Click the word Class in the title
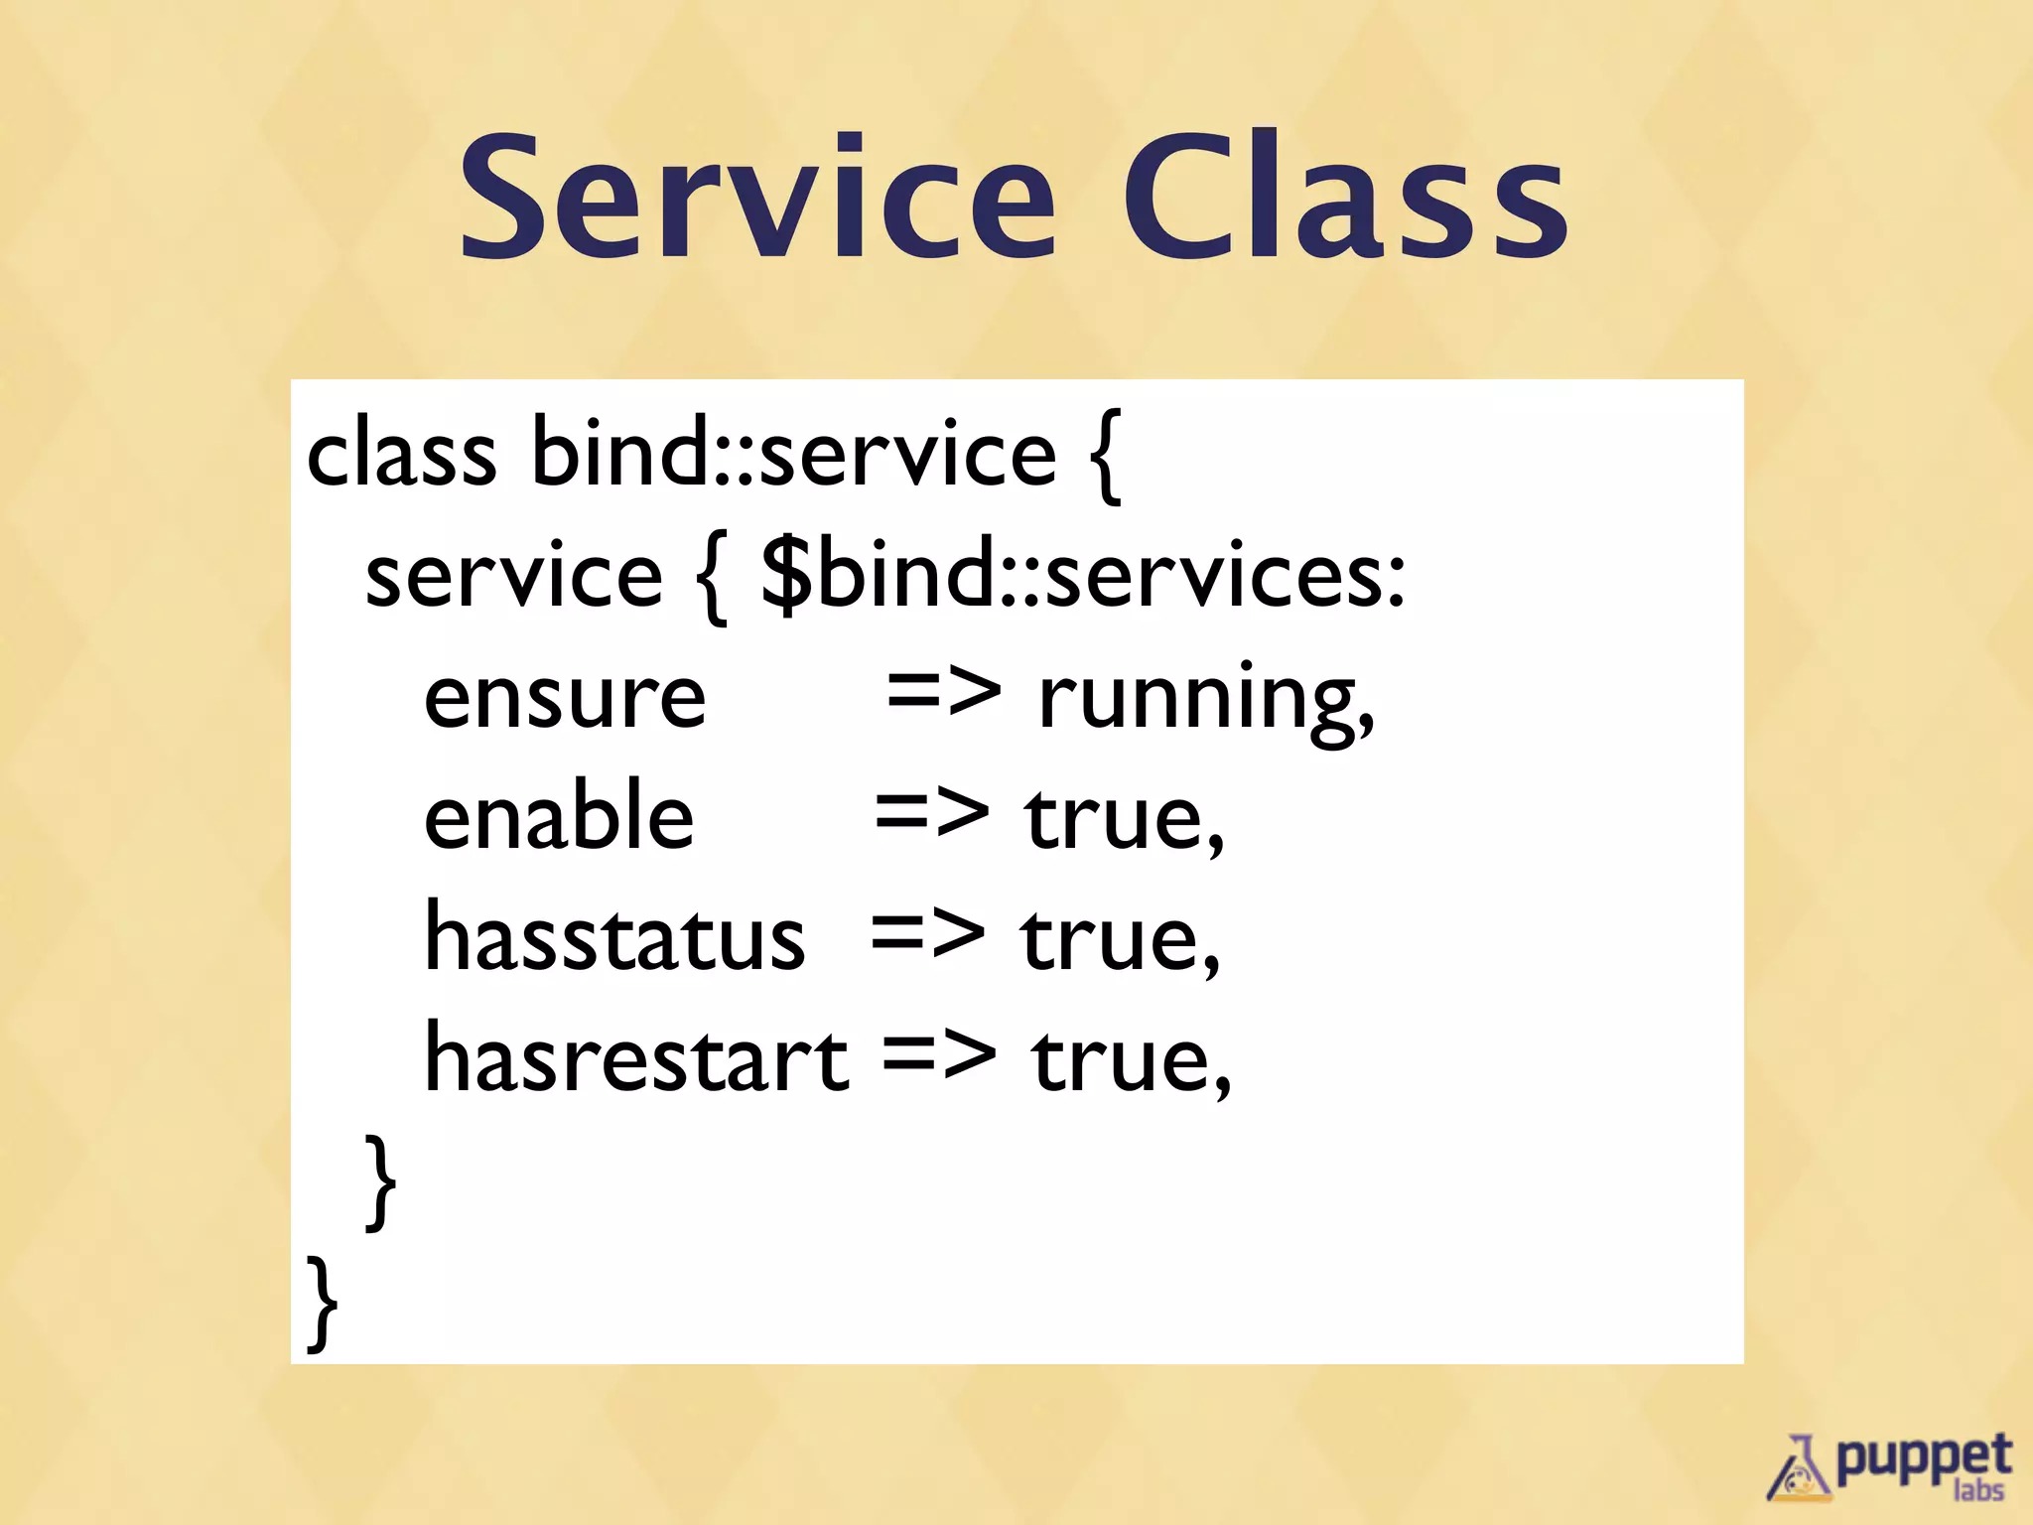[1344, 199]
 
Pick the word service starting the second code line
[513, 576]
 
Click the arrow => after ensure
[943, 691]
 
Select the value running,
[1206, 701]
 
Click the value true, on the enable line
[1125, 820]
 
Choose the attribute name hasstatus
[614, 939]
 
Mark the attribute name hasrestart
[636, 1060]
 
